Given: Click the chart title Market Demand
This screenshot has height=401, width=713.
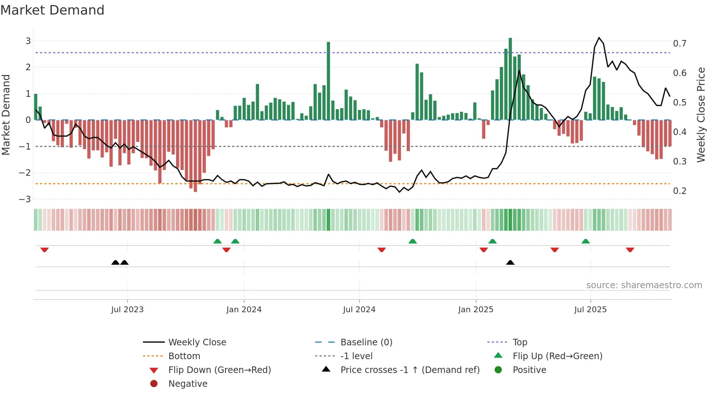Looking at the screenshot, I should [x=52, y=10].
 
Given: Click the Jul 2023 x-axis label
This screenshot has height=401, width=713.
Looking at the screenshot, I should [x=127, y=310].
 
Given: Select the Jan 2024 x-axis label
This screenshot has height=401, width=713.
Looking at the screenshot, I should [x=244, y=310].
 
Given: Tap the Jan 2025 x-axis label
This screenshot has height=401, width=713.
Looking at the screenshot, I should [x=475, y=310].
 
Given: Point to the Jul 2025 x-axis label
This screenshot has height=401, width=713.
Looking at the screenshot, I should [x=590, y=310].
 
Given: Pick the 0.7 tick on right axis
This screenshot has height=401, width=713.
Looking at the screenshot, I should [x=680, y=44].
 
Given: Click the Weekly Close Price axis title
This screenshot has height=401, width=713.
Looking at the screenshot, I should [x=701, y=115].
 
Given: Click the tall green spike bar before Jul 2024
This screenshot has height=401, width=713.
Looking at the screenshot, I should [x=328, y=81].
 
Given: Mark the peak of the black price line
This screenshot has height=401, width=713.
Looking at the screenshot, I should [x=599, y=38].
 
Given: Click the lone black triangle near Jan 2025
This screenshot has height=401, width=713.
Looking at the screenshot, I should [x=510, y=262].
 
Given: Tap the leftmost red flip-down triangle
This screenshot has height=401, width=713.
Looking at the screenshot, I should [x=44, y=250].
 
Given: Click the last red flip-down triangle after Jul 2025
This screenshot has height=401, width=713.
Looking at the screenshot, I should [x=630, y=250].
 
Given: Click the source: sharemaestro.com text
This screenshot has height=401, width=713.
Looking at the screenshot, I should [x=644, y=285].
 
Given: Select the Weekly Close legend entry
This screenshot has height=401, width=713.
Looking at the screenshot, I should [x=197, y=342].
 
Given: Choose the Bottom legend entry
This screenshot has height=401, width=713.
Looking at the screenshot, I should [x=184, y=356].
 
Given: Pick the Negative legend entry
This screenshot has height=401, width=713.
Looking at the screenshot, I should [x=188, y=384].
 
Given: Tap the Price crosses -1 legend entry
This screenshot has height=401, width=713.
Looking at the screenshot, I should [x=410, y=370].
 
